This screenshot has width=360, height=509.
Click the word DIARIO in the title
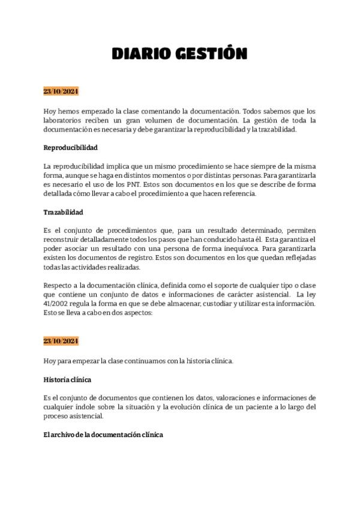[x=143, y=55]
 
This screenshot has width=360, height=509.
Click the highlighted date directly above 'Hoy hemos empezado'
[x=61, y=91]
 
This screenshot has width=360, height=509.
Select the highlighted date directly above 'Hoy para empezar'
[x=61, y=341]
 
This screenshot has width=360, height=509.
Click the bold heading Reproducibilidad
[x=70, y=147]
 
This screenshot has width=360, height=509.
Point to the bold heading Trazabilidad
[x=63, y=212]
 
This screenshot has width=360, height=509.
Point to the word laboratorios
[x=63, y=120]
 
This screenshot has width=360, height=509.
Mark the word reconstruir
[x=63, y=240]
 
